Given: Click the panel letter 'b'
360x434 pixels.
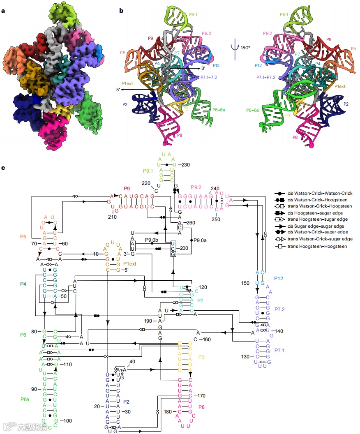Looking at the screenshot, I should point(122,10).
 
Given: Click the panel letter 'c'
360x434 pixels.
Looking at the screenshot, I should point(3,168).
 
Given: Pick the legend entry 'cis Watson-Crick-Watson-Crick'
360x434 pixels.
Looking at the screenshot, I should point(316,193).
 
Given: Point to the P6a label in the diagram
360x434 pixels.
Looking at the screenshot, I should point(25,399).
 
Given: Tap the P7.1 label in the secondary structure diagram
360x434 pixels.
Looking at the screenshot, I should point(281,350).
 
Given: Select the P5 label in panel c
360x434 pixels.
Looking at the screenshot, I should point(23,237).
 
